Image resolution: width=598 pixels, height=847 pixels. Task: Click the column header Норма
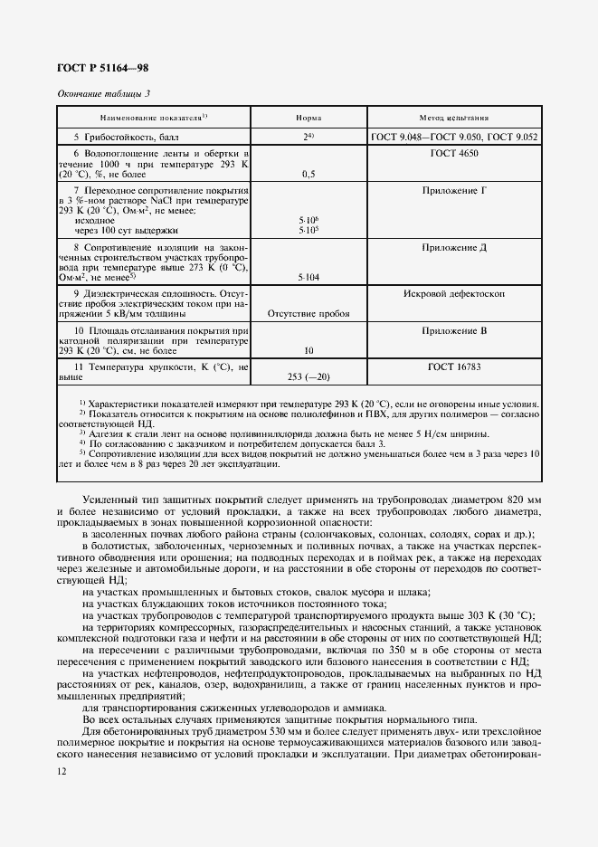click(308, 118)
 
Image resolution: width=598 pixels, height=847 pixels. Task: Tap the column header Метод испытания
click(454, 118)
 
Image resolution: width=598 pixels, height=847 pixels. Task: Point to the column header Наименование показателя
click(154, 118)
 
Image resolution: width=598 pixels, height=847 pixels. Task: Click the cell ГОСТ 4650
click(454, 155)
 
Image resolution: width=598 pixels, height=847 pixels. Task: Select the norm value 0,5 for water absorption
click(308, 174)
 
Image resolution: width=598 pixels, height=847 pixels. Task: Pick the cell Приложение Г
click(454, 192)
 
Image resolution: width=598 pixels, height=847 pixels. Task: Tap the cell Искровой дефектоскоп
click(454, 295)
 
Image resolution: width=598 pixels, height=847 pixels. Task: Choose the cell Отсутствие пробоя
click(308, 315)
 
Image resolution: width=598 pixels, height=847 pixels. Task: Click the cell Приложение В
click(454, 331)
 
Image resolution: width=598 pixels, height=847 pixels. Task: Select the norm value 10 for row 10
click(308, 350)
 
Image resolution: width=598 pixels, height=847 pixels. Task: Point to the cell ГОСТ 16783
click(454, 367)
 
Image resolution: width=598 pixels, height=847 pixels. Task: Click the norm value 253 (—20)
click(308, 376)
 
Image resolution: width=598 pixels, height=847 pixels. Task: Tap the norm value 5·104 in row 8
click(308, 280)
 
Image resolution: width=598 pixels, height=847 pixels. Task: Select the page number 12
click(62, 769)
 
